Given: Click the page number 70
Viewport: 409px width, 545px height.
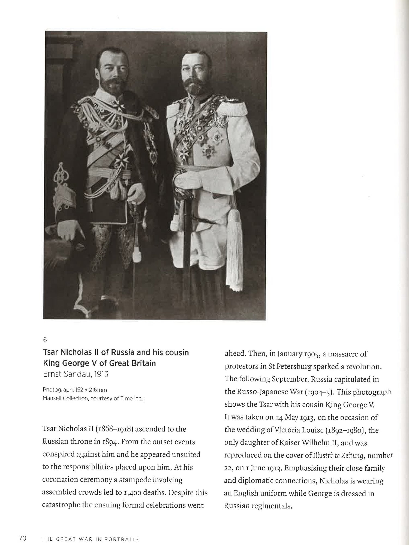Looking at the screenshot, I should click(x=22, y=538).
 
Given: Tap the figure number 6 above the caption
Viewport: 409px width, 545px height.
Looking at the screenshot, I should click(x=45, y=340).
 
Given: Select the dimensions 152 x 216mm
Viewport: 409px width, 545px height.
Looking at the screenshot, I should click(x=89, y=390).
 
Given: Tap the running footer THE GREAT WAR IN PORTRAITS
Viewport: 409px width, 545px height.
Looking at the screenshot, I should click(x=90, y=539).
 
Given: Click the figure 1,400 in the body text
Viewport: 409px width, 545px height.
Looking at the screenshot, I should click(x=132, y=493).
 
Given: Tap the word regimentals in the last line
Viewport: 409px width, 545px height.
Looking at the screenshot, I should click(x=272, y=506).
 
